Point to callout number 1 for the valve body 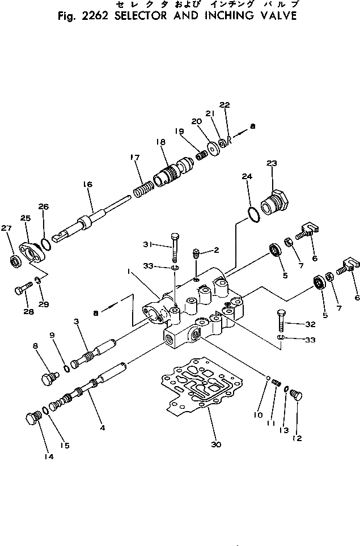[x=130, y=272]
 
